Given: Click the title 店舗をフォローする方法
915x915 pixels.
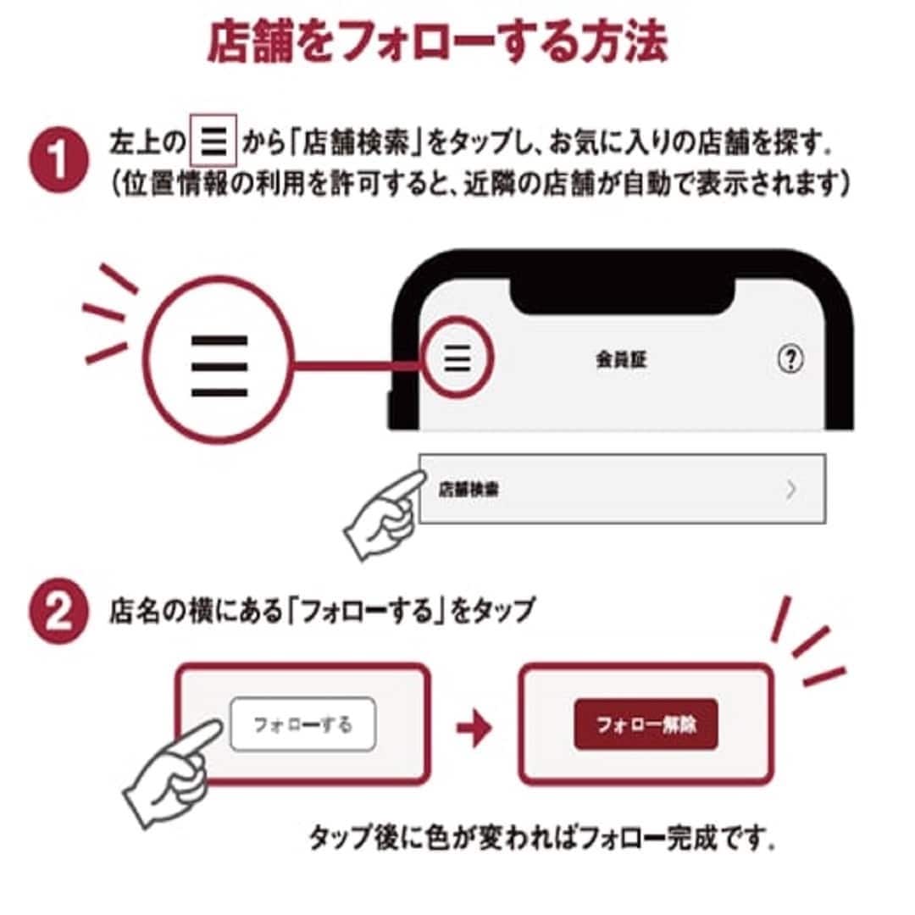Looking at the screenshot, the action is pos(437,42).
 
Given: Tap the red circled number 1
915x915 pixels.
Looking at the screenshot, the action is pos(59,160).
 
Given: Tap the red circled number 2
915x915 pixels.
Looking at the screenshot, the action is pos(59,612).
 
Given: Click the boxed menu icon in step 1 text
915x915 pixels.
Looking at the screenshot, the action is pos(213,141).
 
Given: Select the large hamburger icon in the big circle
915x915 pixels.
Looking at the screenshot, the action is pos(219,366).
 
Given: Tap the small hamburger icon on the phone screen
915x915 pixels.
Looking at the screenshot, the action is pos(457,358).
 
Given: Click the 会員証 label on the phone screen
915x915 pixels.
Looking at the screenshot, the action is pos(621,359).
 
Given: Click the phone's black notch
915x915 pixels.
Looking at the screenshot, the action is pos(622,295).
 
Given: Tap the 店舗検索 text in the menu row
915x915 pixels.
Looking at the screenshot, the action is pos(469,489).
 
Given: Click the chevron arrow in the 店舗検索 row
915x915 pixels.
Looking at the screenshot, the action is pos(790,489).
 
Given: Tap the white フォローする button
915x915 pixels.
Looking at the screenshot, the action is pos(302,724).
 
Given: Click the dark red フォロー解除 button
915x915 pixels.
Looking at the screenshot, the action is pos(646,724).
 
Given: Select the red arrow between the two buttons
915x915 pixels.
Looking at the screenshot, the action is pos(474,727).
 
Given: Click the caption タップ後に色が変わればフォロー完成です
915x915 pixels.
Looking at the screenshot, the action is pos(542,838).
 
